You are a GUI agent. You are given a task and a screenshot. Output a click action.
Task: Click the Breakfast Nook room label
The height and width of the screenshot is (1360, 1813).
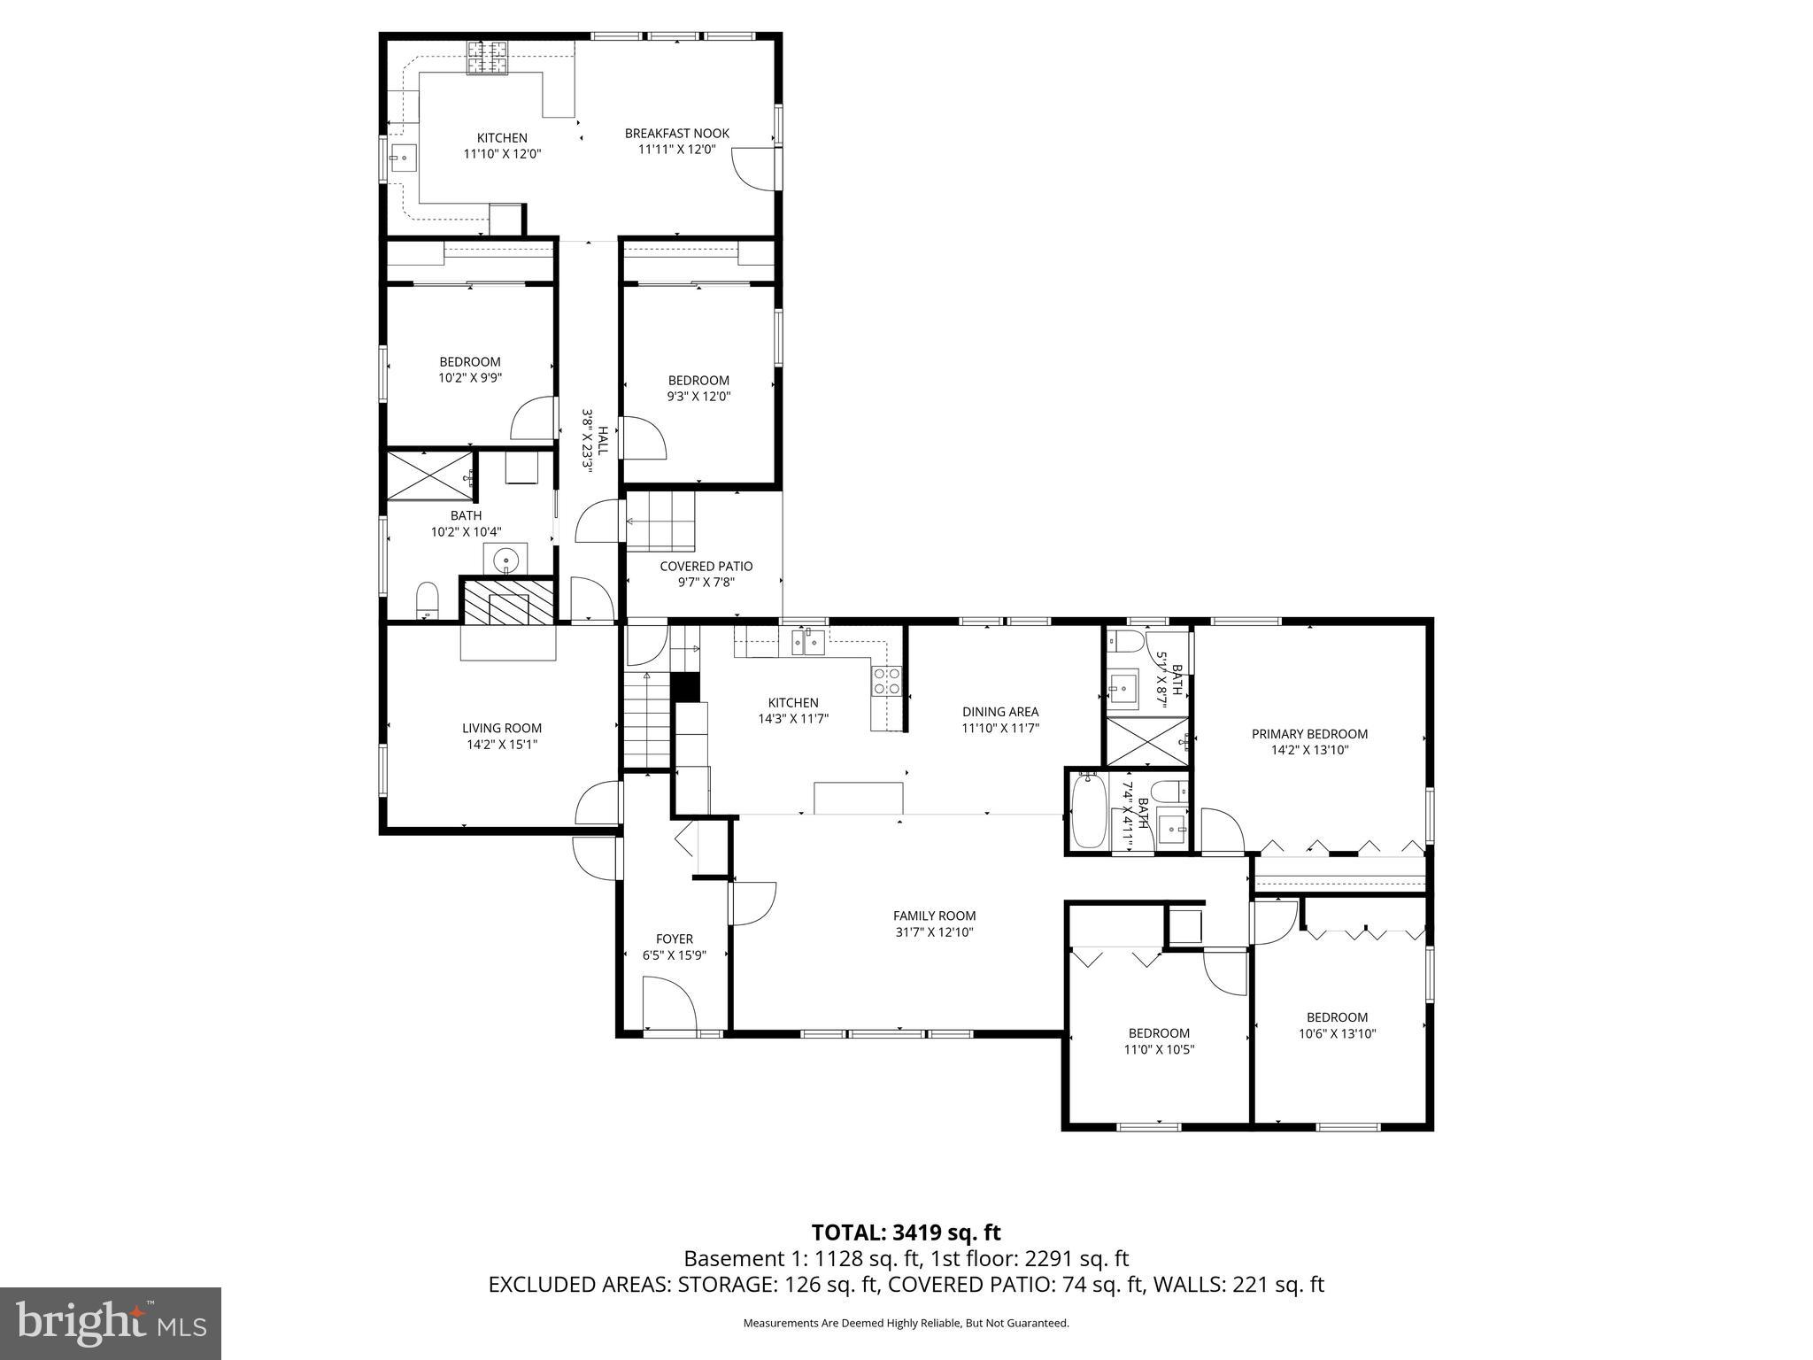(x=676, y=134)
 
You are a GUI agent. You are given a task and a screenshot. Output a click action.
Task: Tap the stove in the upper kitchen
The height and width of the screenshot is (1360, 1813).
(x=489, y=58)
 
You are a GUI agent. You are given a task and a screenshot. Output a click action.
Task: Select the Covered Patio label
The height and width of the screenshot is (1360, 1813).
(x=706, y=567)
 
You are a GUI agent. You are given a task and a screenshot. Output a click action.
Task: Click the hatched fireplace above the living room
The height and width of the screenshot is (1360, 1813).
(x=507, y=601)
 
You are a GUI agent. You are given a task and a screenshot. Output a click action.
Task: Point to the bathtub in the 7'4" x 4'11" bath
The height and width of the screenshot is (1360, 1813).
(x=1088, y=809)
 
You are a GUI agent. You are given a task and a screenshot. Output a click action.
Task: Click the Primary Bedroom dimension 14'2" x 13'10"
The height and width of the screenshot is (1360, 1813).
(x=1308, y=750)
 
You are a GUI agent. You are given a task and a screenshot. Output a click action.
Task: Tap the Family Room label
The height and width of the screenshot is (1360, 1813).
(x=934, y=916)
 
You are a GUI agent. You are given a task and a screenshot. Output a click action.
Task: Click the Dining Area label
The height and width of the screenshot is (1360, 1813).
(x=999, y=712)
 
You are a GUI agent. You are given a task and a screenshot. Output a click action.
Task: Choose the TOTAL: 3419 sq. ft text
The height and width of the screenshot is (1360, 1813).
(x=906, y=1232)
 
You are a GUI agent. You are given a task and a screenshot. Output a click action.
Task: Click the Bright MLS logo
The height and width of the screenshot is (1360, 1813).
(x=111, y=1323)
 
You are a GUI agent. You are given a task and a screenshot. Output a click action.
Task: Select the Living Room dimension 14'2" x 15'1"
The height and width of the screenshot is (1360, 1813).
(x=502, y=745)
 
